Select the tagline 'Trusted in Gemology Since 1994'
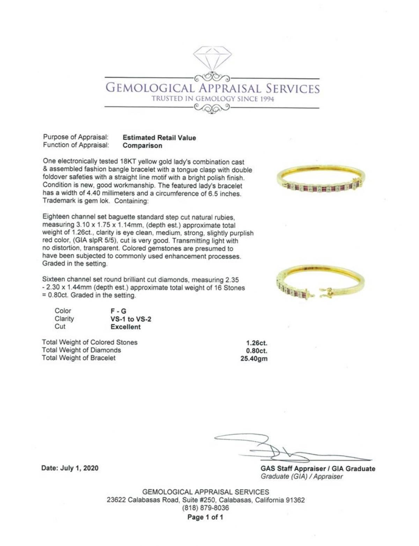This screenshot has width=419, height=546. (x=212, y=99)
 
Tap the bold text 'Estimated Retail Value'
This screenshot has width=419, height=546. (x=160, y=138)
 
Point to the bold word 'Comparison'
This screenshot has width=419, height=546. (x=142, y=146)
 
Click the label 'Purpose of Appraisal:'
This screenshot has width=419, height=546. (x=76, y=137)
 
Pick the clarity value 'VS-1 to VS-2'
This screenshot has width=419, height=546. (x=131, y=319)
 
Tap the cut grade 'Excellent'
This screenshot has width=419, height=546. (x=125, y=327)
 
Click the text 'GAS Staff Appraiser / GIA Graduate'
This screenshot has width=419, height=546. (x=318, y=469)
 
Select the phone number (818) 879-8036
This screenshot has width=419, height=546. (x=206, y=508)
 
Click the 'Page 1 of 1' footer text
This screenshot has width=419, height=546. (x=205, y=517)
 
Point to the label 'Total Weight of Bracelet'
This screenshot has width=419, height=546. (x=79, y=358)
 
